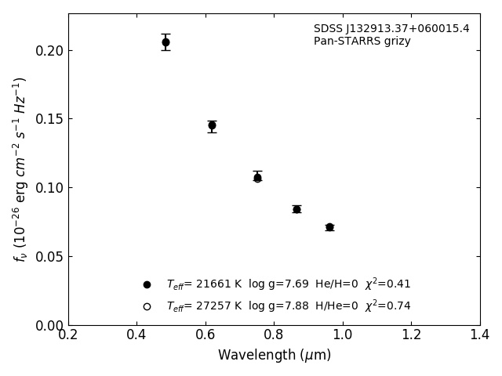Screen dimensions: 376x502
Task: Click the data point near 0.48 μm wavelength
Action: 166,42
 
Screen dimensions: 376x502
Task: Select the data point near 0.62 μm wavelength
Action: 212,125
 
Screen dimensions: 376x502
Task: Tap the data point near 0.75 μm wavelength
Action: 257,178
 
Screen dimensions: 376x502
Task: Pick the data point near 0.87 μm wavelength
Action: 296,209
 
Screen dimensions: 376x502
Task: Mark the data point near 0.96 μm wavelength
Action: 329,227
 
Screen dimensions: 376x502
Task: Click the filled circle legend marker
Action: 147,284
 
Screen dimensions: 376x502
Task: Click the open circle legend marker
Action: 147,306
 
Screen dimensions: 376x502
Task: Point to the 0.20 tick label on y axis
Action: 49,51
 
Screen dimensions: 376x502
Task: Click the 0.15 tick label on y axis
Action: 49,119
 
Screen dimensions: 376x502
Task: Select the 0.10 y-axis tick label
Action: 49,188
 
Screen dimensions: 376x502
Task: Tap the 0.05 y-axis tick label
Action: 49,257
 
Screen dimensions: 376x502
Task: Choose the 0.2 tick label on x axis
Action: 68,335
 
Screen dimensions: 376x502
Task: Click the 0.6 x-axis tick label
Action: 206,335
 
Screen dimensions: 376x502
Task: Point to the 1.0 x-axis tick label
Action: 343,335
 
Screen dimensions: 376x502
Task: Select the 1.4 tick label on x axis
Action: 480,335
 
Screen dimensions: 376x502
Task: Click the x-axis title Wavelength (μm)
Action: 275,356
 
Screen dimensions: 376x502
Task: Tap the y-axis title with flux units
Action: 20,168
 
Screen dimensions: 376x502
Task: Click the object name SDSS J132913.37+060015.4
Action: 391,29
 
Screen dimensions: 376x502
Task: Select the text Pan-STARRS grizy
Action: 362,42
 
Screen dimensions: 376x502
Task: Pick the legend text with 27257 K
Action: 288,306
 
